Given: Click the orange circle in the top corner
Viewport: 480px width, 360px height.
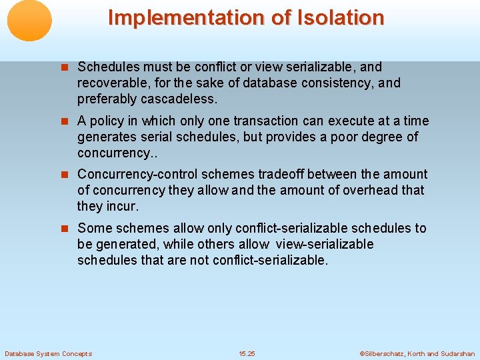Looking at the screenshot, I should pos(29,21).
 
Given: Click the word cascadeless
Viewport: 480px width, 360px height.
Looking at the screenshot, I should pos(183,99).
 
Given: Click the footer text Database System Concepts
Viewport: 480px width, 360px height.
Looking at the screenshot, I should pos(48,353).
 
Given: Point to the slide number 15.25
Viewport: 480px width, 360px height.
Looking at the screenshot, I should pos(247,353).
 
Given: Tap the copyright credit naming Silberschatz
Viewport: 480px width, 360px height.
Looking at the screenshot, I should pos(417,353).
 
